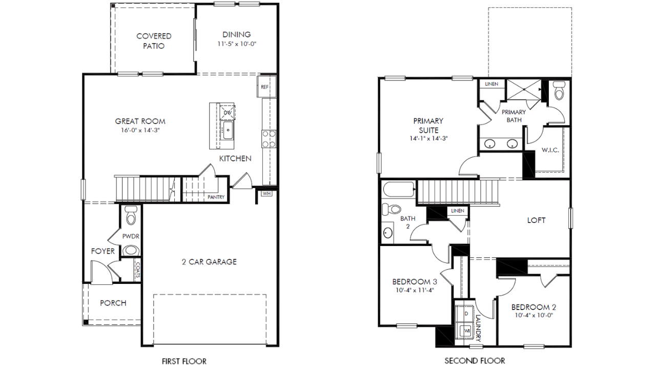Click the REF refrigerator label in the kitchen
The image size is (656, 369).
point(265,87)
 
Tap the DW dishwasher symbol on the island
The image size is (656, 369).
point(228,112)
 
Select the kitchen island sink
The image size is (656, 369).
point(228,130)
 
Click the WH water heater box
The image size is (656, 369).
point(266,194)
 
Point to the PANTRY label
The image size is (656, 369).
point(216,197)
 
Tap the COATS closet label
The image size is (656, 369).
point(138,270)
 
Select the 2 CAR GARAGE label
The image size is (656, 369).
point(209,262)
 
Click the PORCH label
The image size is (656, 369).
point(113,303)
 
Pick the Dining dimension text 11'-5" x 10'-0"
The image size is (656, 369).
point(237,44)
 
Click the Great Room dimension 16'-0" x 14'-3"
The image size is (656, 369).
point(140,130)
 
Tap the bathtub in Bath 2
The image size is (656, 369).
point(399,189)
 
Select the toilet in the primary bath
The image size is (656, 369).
point(559,90)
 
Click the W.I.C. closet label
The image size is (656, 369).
point(550,150)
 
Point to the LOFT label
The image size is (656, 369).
point(536,220)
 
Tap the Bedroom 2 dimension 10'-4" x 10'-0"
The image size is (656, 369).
point(534,315)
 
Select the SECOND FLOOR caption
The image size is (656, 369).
point(475,361)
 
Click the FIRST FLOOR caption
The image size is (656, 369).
point(184,361)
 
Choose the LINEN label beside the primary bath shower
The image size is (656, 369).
point(491,84)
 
